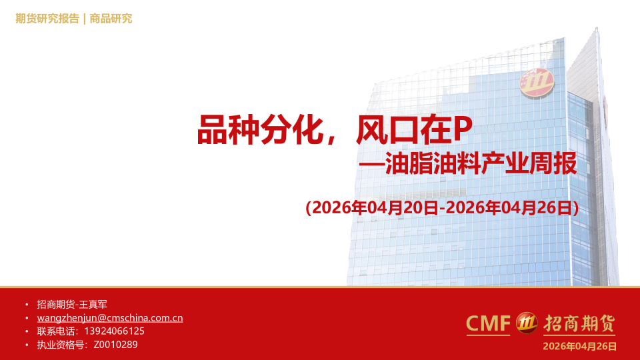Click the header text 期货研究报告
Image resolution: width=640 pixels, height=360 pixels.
coord(47,19)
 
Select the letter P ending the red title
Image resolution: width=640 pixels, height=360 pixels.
coord(463,130)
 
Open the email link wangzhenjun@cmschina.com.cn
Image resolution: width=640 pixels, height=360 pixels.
coord(109,318)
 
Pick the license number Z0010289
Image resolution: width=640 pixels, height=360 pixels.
coord(115,345)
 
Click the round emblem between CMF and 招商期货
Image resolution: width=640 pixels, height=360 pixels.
coord(527,323)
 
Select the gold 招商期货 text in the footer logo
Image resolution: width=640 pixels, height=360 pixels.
coord(578,324)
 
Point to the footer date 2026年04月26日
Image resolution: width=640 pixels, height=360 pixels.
coord(579,346)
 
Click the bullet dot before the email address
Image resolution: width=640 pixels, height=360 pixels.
coord(27,318)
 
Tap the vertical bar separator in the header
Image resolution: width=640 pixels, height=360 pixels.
coord(84,19)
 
